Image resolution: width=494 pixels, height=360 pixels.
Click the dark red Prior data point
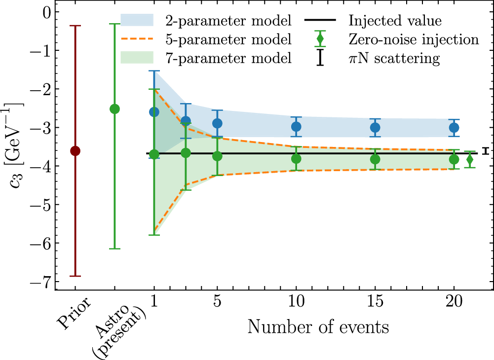(x=75, y=151)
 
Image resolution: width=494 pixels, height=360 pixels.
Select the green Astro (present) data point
(x=114, y=109)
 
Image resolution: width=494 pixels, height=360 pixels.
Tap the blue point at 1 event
(x=154, y=112)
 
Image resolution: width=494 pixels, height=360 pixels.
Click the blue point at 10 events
(x=296, y=127)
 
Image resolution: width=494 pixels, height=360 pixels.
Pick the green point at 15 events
(x=375, y=159)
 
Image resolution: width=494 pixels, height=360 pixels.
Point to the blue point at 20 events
(x=454, y=128)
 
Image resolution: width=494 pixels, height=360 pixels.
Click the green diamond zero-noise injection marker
(x=470, y=159)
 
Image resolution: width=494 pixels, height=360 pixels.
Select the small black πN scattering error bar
(x=486, y=151)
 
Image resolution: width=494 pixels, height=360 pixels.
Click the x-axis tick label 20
(x=454, y=305)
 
